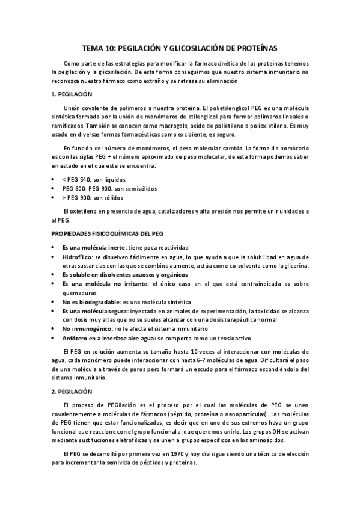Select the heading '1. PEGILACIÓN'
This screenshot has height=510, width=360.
coord(72,94)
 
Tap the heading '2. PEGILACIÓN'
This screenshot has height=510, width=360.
coord(72,392)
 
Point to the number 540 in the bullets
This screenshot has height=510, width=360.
coord(88,179)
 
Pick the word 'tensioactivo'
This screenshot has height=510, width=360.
coord(233,338)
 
